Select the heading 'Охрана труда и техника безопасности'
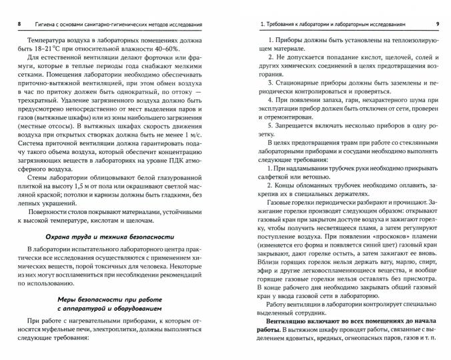[109, 237]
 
